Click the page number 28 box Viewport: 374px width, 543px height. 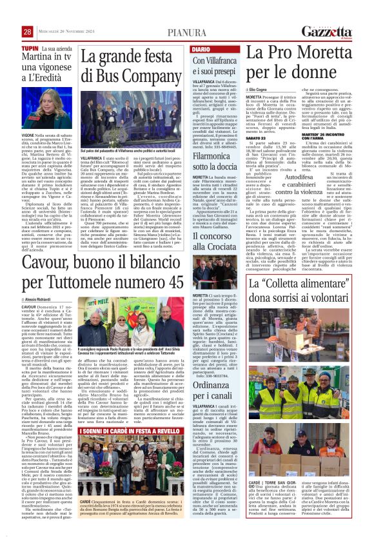pyautogui.click(x=27, y=32)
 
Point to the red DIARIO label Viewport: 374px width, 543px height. pyautogui.click(x=201, y=49)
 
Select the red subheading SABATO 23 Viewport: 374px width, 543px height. pyautogui.click(x=256, y=138)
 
